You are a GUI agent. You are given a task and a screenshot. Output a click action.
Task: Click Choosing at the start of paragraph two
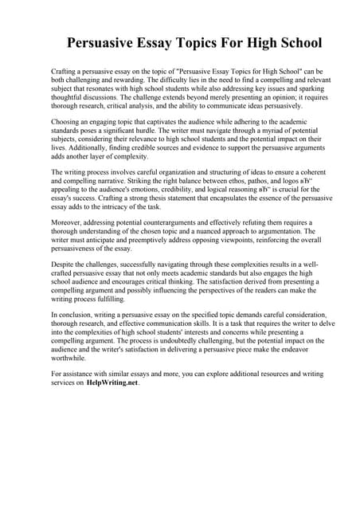tap(65, 122)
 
